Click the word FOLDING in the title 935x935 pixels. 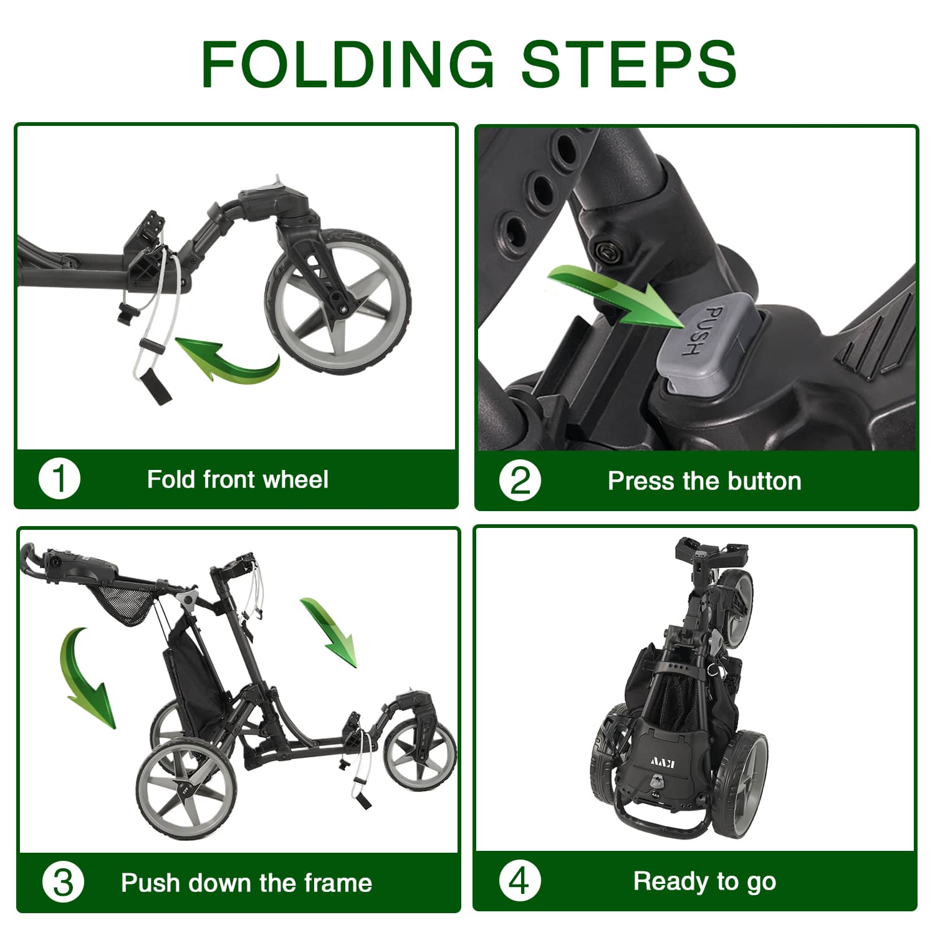coord(347,64)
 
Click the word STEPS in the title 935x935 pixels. coord(629,64)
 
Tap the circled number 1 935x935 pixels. coord(59,479)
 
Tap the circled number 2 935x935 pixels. coord(520,481)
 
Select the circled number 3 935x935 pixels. coord(63,883)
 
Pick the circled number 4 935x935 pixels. coord(520,881)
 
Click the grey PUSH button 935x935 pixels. coord(709,343)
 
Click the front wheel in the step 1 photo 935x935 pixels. coord(338,300)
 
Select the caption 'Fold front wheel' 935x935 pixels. coord(237,479)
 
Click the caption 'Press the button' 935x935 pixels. coord(704,481)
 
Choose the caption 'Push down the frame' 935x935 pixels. coord(246,883)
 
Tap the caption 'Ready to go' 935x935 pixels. coord(704,881)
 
